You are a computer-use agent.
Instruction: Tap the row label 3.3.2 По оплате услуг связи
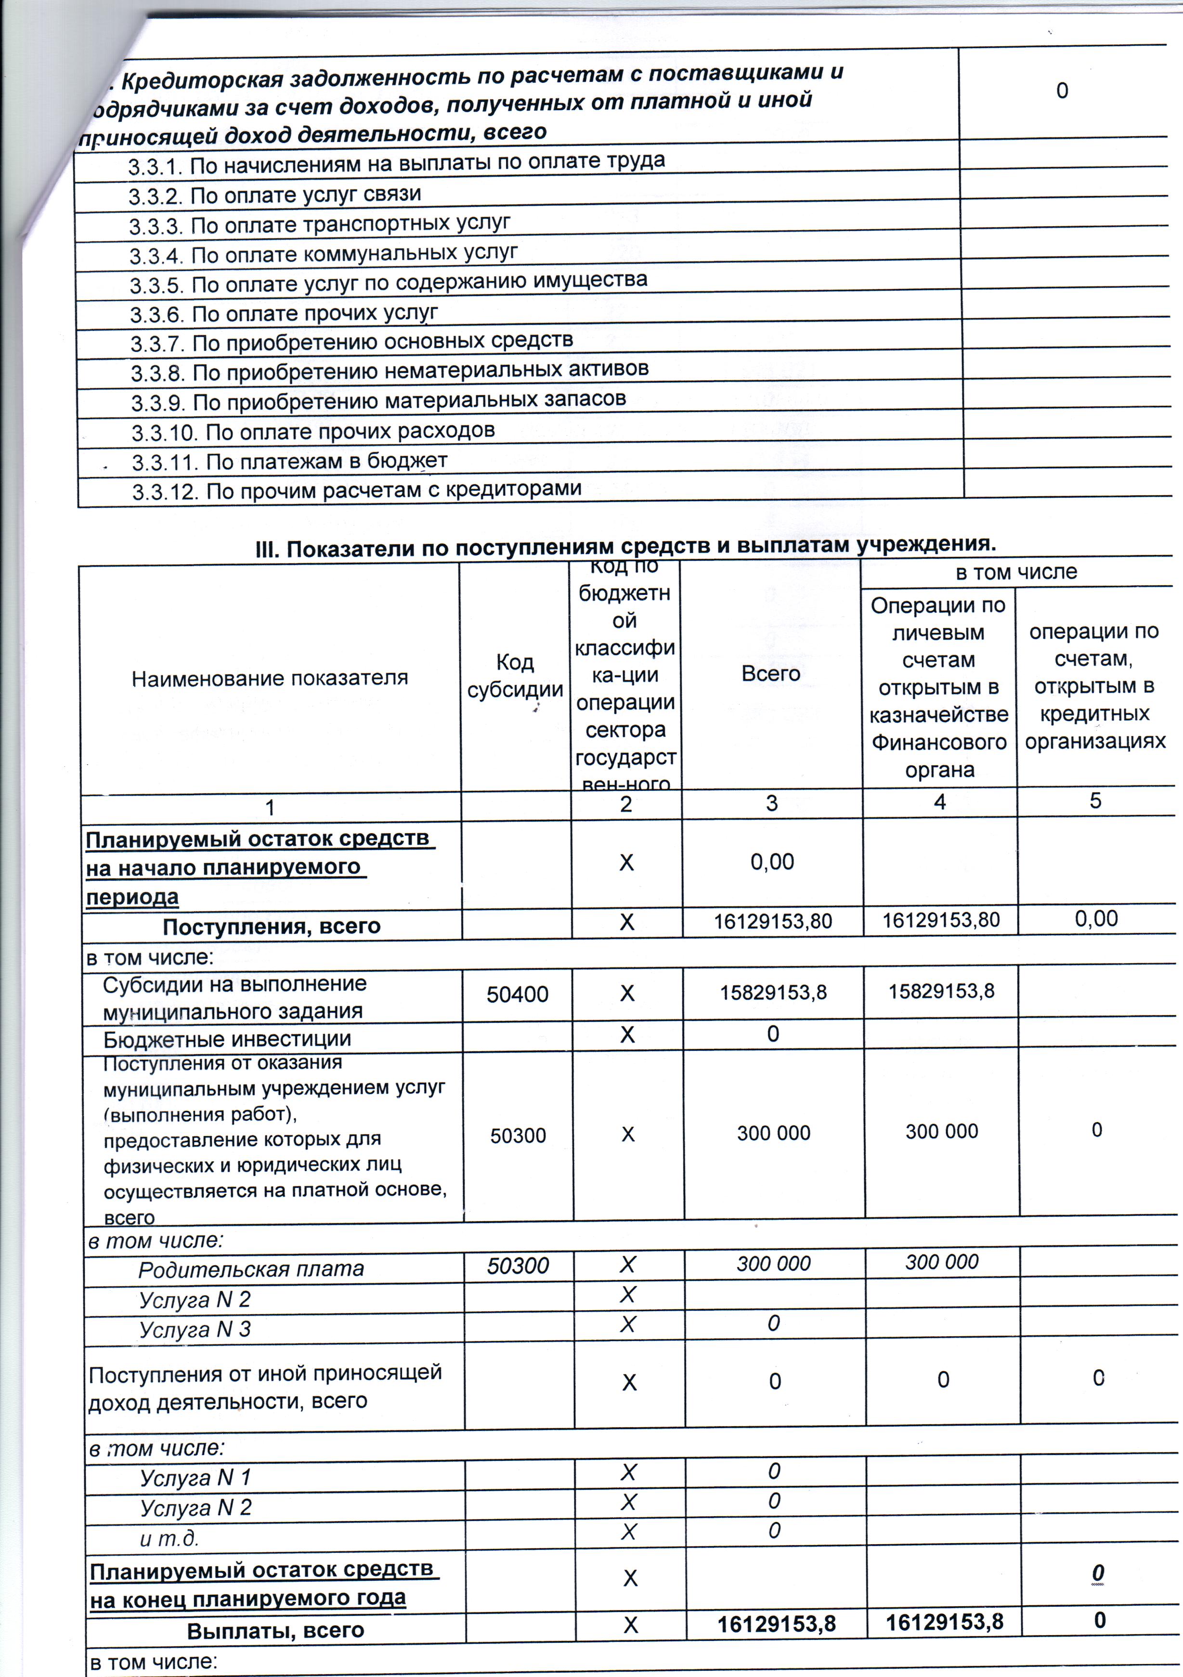275,195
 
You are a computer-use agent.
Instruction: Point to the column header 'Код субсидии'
515,676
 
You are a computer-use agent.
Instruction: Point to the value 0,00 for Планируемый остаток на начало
772,862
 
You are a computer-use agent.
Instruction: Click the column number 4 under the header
940,802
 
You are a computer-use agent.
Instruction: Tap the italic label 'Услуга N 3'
195,1329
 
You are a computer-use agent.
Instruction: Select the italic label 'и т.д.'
169,1539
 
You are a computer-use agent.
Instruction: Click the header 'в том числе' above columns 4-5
1015,572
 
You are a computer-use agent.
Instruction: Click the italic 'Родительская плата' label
251,1269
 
